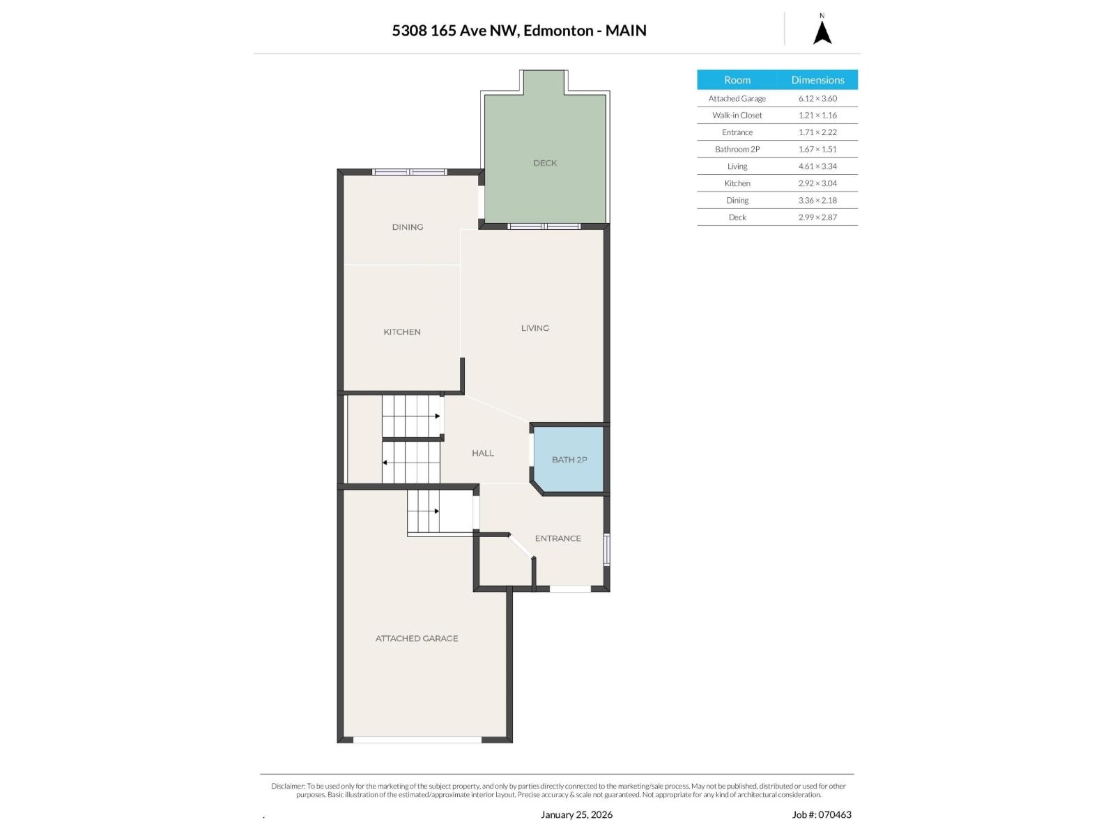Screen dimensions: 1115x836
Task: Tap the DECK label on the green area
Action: [544, 163]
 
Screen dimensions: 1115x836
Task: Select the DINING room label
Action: [408, 227]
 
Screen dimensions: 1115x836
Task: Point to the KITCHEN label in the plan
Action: [402, 332]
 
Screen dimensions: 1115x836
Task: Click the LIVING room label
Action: [535, 328]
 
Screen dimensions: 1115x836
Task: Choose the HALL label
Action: [482, 454]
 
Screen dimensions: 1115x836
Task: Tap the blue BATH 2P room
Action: [569, 459]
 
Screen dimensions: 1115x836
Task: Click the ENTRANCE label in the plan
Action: [557, 539]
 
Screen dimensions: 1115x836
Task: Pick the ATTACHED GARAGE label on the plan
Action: [417, 639]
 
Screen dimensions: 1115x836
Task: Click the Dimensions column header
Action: [817, 79]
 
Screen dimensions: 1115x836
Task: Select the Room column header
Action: [737, 79]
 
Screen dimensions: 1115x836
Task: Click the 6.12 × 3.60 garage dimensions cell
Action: [817, 98]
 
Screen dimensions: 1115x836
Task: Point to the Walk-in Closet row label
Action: [737, 115]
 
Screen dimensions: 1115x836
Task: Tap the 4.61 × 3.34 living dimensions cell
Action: [817, 167]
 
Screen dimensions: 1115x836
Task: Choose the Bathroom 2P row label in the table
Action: [737, 149]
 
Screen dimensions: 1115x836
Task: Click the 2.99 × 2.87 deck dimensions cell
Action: [817, 217]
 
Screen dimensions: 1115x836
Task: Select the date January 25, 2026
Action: [576, 814]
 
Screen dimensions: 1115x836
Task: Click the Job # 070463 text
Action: [822, 814]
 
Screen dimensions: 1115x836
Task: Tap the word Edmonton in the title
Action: [558, 31]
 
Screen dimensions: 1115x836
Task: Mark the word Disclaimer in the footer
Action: [288, 786]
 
